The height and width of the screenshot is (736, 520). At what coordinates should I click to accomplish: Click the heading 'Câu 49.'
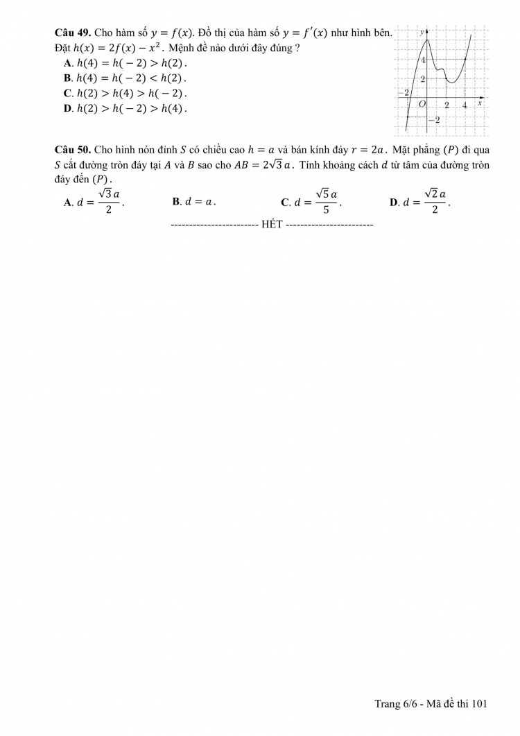[72, 33]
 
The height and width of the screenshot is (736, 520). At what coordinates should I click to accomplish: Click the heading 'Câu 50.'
[72, 150]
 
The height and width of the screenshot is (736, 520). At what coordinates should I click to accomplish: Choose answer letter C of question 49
[67, 93]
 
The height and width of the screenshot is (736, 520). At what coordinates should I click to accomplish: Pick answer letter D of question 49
[67, 108]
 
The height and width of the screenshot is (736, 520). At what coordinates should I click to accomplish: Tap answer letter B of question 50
[176, 202]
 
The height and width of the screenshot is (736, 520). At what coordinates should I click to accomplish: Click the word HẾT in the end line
[271, 225]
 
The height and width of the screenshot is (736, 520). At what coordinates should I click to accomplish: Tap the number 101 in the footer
[479, 704]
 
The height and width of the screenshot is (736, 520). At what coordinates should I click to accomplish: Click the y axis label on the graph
[422, 33]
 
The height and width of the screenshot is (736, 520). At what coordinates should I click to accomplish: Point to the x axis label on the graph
[480, 101]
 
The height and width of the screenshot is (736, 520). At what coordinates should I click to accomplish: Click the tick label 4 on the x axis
[465, 105]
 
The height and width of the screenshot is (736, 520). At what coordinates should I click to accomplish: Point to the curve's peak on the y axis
[427, 42]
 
